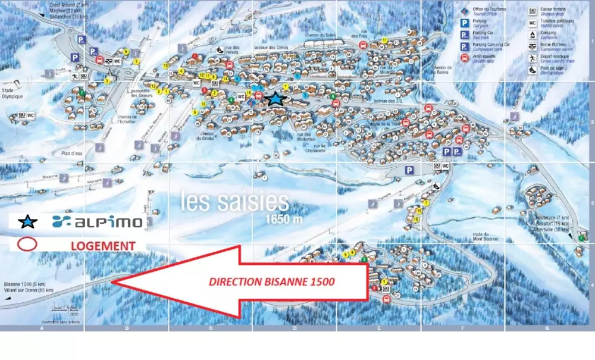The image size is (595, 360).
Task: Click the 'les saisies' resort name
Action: point(234,201)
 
